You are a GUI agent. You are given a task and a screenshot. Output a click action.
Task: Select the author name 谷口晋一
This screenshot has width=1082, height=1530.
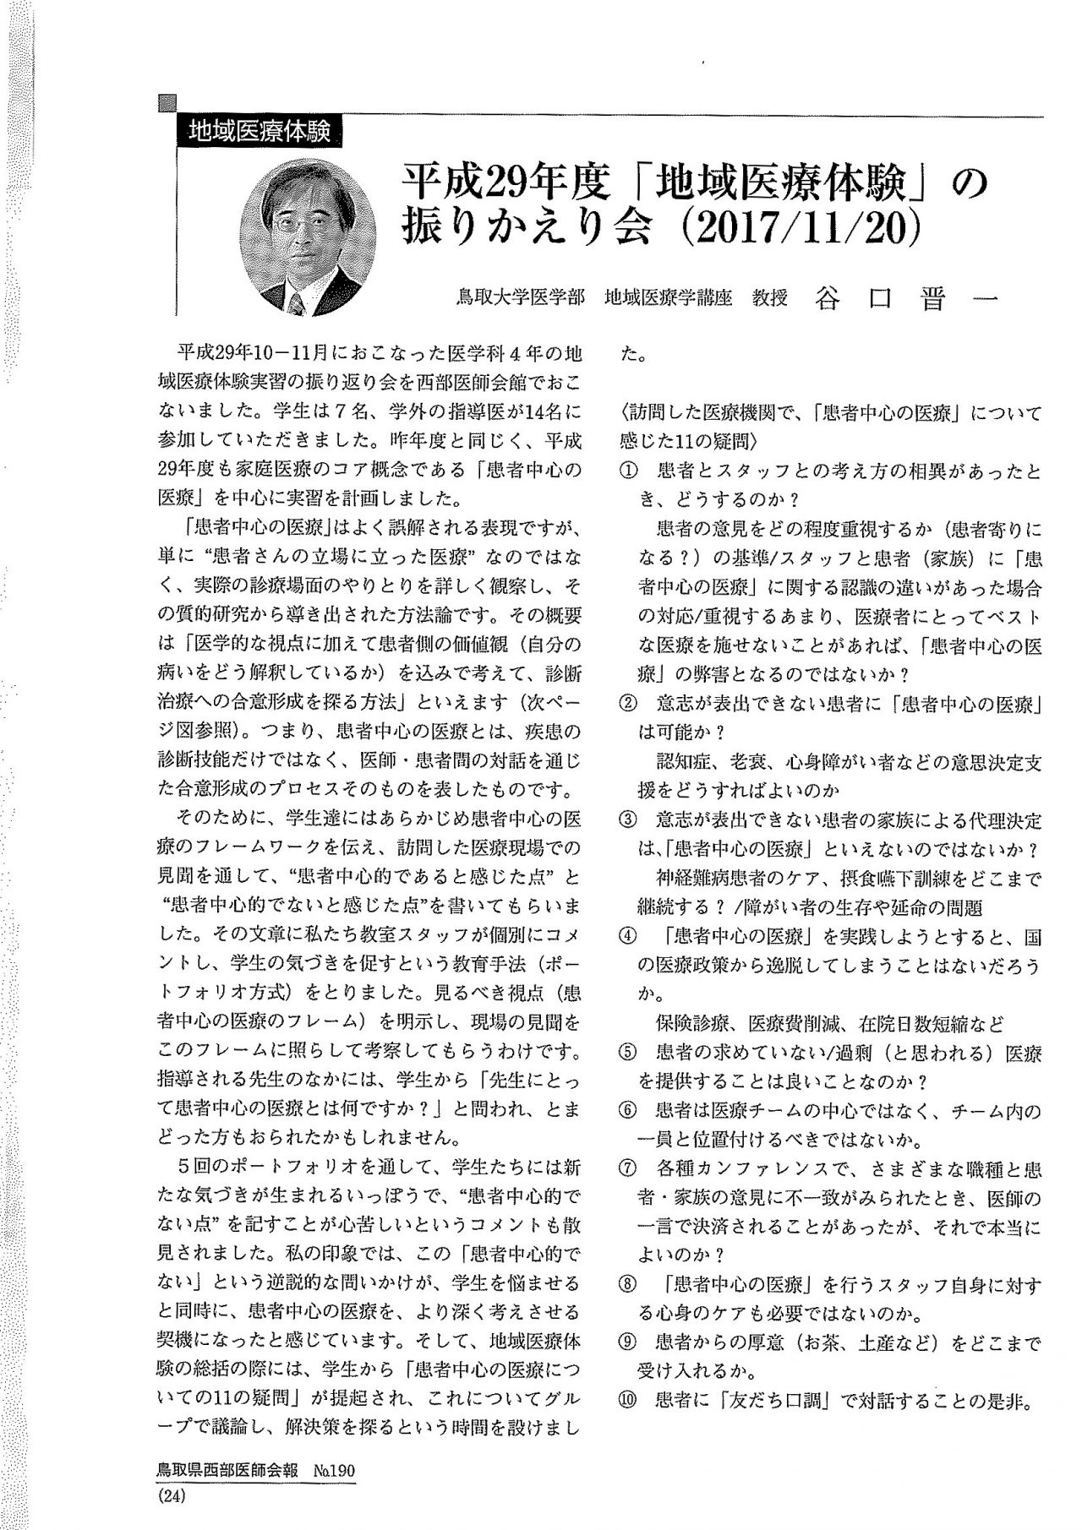[906, 299]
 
